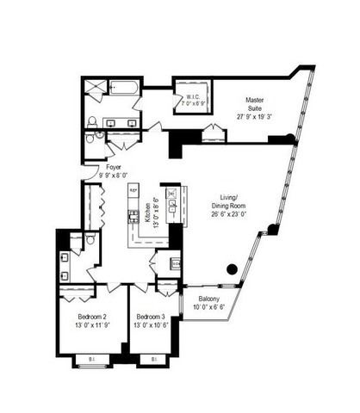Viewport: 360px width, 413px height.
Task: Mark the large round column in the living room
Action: click(x=231, y=269)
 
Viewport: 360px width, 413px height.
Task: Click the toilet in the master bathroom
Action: click(x=92, y=121)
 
